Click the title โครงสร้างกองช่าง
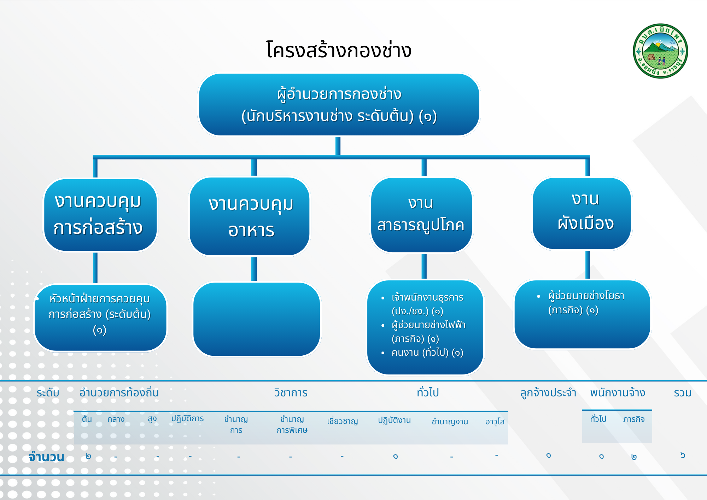point(339,50)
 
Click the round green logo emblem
point(660,51)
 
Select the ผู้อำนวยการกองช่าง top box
point(339,105)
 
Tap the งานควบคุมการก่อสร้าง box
point(100,215)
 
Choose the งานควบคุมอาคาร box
point(250,216)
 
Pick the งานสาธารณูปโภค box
point(421,215)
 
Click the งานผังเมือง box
point(582,214)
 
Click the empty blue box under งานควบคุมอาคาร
point(257,319)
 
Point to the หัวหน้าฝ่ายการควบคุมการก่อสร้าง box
point(100,318)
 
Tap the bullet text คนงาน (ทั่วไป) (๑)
point(427,353)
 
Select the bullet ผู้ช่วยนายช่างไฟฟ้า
point(428,331)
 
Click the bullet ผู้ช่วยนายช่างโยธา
point(586,303)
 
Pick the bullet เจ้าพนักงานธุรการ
point(427,304)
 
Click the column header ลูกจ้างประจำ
point(548,393)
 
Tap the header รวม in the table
point(683,393)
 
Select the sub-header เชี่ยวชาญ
point(342,421)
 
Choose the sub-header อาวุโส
point(495,421)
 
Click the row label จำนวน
point(47,457)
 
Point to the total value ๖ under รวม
point(683,455)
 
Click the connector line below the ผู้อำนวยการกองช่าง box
point(338,146)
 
